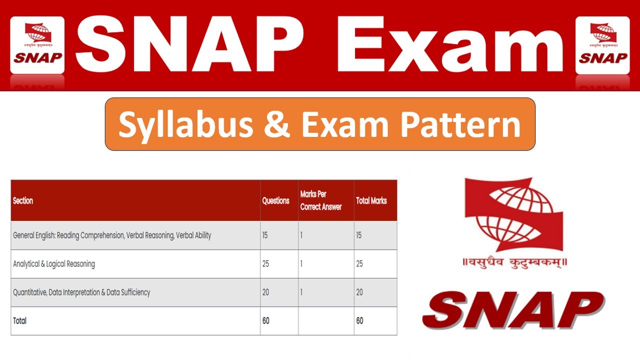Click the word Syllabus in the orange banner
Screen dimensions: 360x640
coord(185,124)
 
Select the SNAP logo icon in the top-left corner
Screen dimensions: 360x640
coord(37,44)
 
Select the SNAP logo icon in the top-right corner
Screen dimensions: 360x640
coord(602,44)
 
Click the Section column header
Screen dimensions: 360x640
coord(23,200)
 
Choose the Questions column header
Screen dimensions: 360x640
coord(275,200)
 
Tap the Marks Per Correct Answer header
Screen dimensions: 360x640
coord(320,200)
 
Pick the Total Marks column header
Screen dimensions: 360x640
coord(371,200)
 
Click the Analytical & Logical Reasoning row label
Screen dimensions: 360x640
coord(54,263)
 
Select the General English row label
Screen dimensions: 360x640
coord(112,235)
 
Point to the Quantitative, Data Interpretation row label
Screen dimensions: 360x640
coord(81,292)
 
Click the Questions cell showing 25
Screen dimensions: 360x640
coord(265,263)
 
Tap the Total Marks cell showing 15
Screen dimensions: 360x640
coord(359,235)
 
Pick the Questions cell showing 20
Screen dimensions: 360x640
coord(265,292)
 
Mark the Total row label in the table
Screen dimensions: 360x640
coord(19,320)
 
